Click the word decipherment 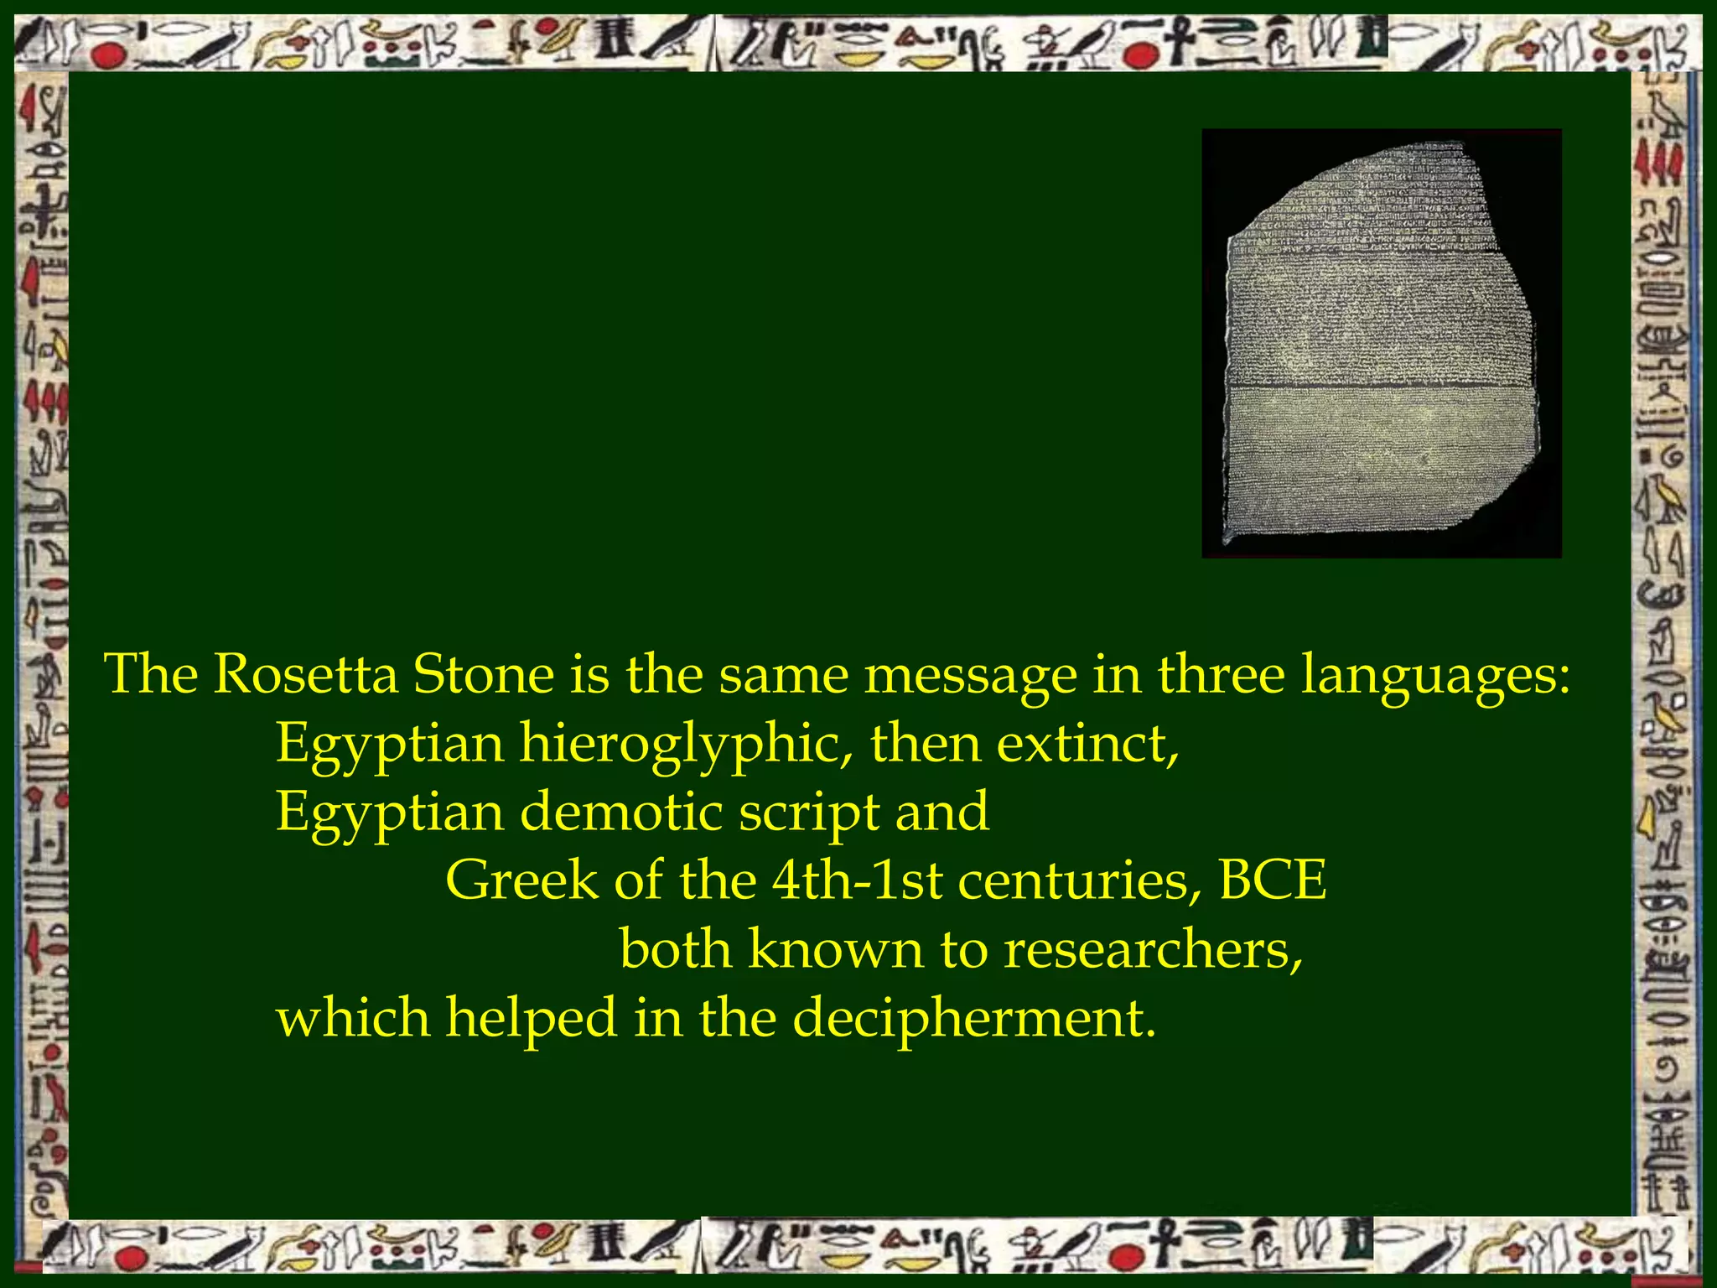[x=973, y=1020]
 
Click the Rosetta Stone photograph [x=1381, y=344]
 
